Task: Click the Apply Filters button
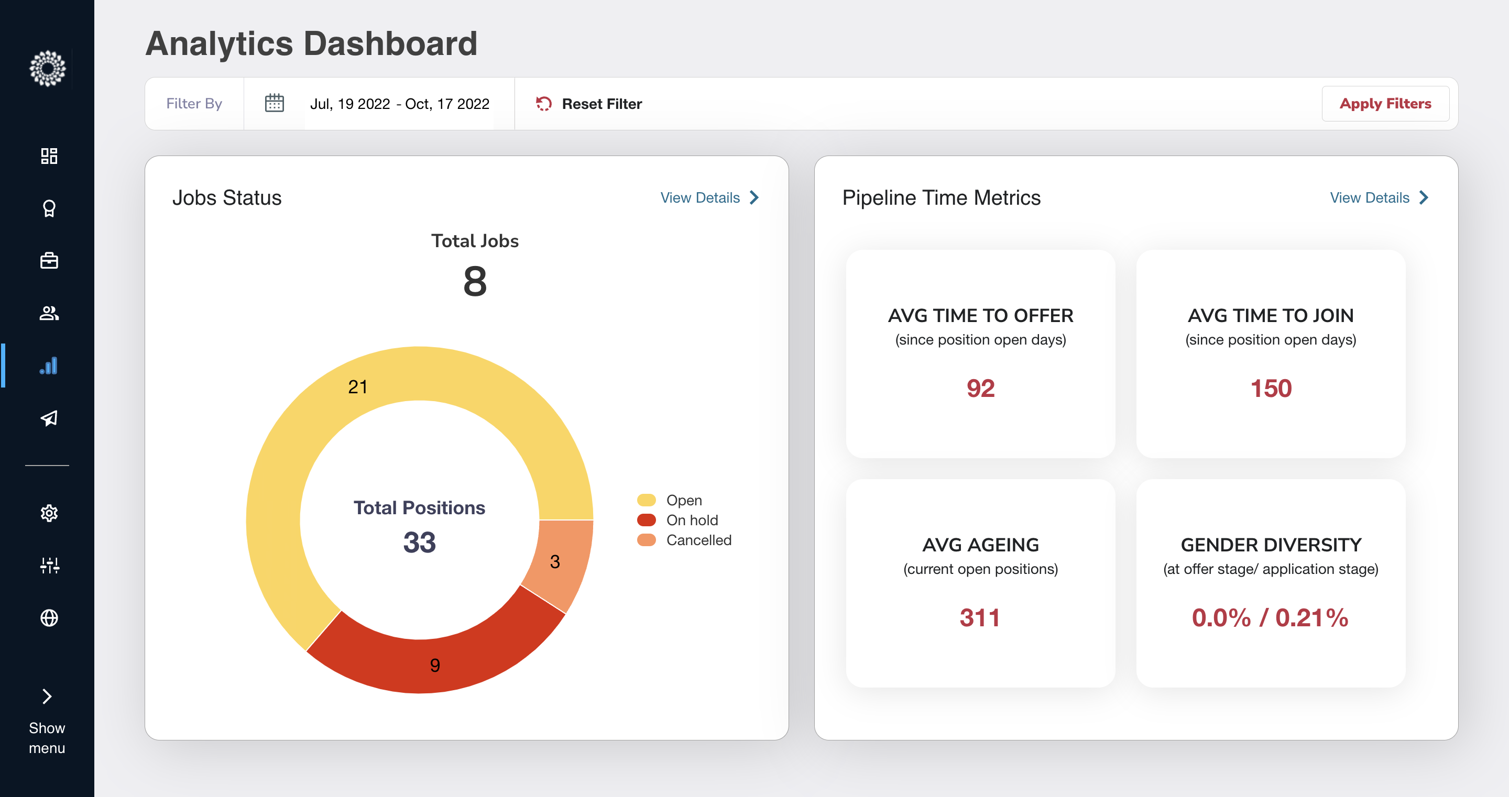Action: pos(1385,104)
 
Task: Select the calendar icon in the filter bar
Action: pos(274,103)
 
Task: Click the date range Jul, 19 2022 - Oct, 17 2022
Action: pos(399,104)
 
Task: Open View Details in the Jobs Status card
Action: pos(709,198)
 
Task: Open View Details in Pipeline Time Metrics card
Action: pos(1379,198)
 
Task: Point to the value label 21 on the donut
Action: pos(357,386)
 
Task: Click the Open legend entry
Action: pos(684,500)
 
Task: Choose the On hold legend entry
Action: pos(691,520)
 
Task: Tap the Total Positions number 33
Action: pos(419,543)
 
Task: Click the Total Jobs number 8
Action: pos(475,281)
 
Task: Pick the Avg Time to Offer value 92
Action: pos(980,388)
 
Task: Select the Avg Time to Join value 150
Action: pos(1271,388)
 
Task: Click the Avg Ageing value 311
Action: pos(980,618)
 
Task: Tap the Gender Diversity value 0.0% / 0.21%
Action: pos(1270,618)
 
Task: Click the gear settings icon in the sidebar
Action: pos(49,513)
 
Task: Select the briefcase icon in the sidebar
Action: pos(49,261)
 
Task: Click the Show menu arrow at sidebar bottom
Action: pos(47,696)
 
